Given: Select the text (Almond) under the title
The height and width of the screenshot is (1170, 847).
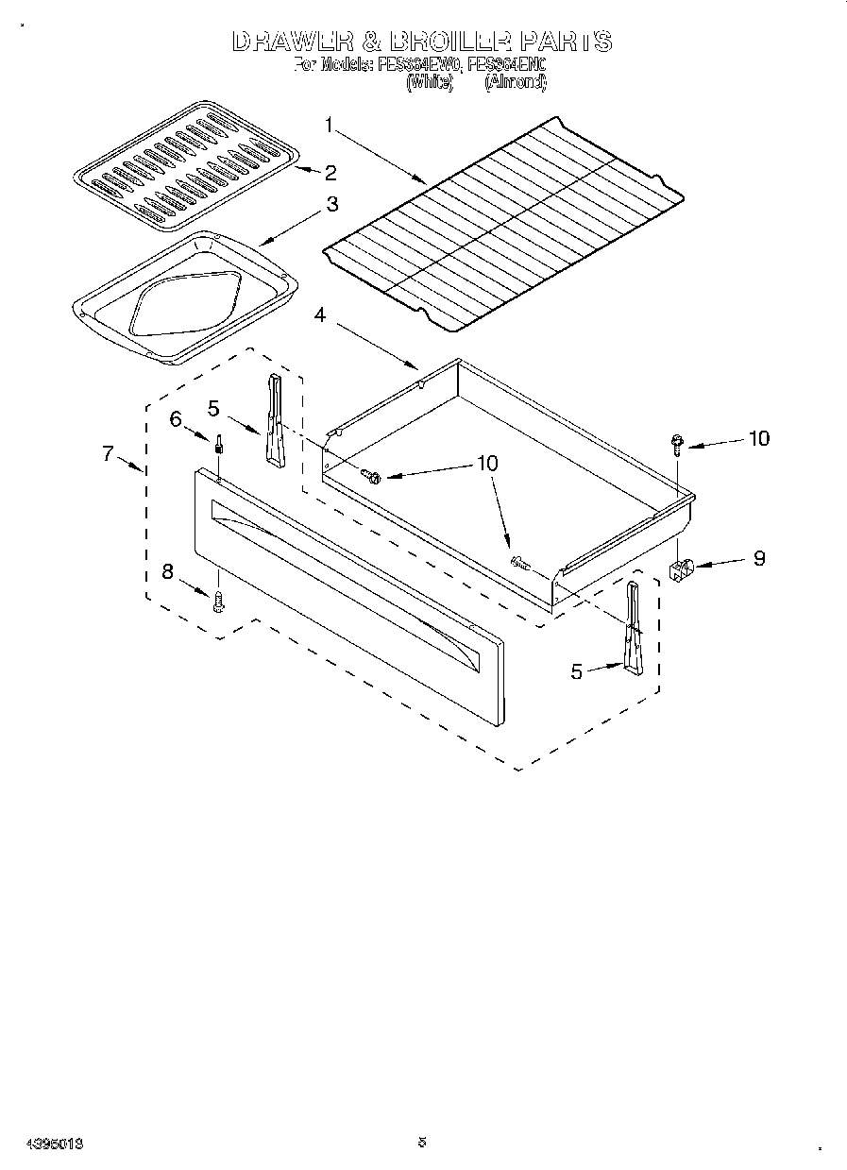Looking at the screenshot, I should click(x=515, y=82).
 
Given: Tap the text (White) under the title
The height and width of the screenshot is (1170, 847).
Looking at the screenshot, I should click(x=430, y=82).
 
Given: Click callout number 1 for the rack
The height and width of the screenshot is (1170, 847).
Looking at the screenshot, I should click(x=329, y=125).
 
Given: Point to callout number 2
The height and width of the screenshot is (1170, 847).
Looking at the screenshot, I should click(x=330, y=172).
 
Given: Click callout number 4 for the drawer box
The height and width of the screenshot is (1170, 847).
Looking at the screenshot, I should click(x=320, y=316).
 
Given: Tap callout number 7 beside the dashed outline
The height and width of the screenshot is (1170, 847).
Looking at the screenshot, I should click(x=109, y=453).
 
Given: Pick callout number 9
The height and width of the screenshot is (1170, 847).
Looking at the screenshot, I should click(x=758, y=558).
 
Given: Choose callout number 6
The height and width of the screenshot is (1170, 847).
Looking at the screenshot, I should click(x=176, y=419).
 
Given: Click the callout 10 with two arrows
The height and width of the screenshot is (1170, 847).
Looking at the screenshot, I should click(x=487, y=464).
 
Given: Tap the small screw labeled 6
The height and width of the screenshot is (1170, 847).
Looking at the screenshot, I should click(x=219, y=444).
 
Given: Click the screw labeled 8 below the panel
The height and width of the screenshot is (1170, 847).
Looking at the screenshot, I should click(x=219, y=601).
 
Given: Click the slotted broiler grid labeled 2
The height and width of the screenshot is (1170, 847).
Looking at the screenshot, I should click(x=186, y=166).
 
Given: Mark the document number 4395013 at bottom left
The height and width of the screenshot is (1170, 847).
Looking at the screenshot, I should click(x=43, y=1144).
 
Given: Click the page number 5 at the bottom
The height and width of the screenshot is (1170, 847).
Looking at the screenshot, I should click(x=422, y=1142).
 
